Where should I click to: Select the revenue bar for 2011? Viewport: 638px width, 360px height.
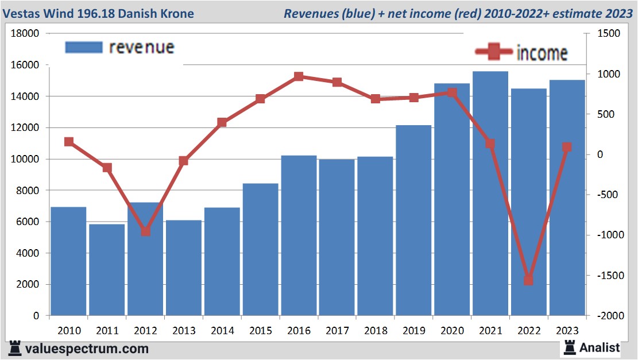(x=107, y=270)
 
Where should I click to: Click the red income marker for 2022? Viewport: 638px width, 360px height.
(x=528, y=280)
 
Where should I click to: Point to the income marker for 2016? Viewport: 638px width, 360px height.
(x=299, y=76)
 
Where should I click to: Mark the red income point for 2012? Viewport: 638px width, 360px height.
(x=145, y=231)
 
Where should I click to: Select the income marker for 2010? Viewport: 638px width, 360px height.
(x=69, y=142)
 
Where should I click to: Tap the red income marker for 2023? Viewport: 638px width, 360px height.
(x=567, y=147)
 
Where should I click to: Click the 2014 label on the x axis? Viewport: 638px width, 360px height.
(x=222, y=331)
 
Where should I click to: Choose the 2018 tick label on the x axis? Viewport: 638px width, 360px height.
(x=376, y=331)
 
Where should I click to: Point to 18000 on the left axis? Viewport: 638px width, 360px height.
(x=25, y=34)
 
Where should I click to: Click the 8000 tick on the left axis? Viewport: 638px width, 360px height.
(x=28, y=191)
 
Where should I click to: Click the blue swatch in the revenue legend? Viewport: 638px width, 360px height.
(x=83, y=48)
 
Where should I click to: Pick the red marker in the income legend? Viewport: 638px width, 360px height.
(x=493, y=52)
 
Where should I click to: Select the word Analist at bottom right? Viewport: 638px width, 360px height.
(x=600, y=347)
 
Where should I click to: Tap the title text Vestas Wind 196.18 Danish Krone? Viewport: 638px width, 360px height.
(x=99, y=13)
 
